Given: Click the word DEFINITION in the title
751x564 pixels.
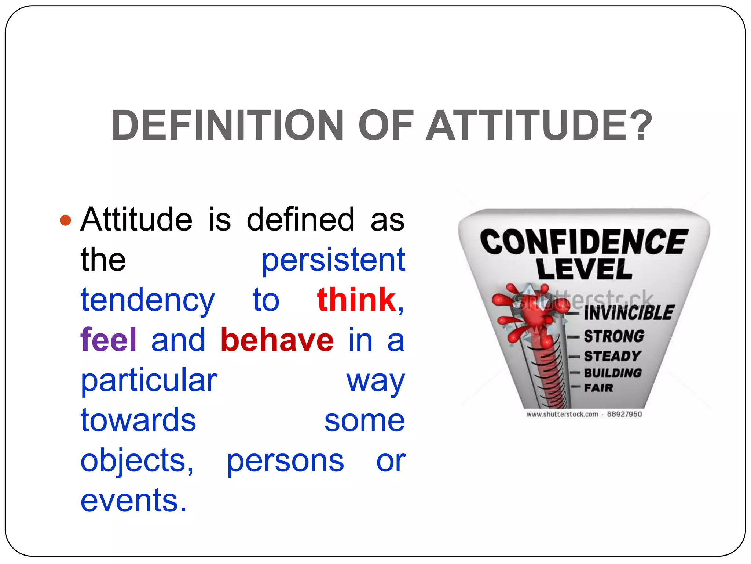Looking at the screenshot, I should (227, 125).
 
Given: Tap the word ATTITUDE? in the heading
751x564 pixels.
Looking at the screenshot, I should (539, 125).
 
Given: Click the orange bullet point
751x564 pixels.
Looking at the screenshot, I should (65, 220).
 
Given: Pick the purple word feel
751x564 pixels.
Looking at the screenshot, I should (109, 340).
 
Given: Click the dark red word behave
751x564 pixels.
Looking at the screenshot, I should (277, 340).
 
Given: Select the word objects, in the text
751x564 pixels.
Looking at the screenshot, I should (137, 461).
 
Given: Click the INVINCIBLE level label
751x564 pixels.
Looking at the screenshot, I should (629, 313).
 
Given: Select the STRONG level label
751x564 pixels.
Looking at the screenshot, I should (614, 336).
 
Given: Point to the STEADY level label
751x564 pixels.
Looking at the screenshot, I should (612, 356).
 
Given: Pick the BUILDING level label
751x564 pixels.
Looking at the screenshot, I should (613, 373).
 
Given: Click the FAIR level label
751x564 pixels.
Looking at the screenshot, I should (598, 388).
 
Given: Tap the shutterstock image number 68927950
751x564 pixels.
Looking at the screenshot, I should (624, 414).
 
